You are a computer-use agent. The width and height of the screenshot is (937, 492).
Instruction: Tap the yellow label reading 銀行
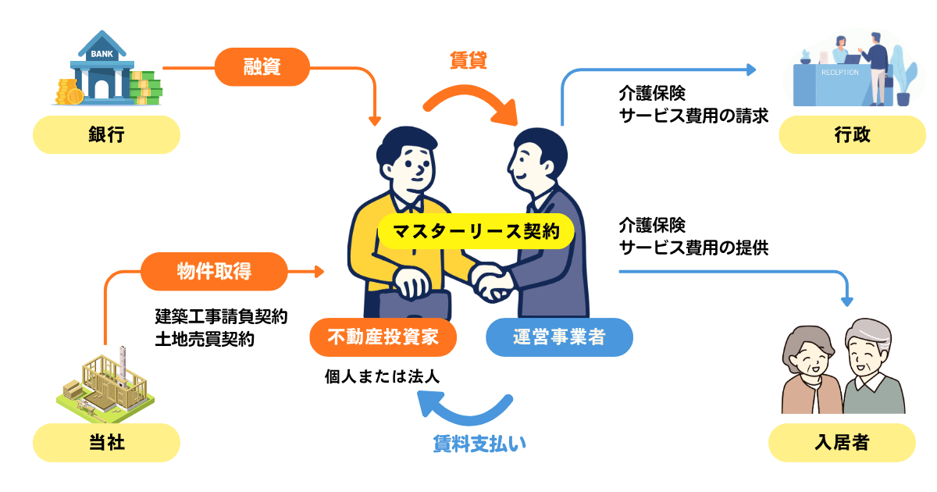point(106,135)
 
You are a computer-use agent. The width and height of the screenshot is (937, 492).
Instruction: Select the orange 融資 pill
point(262,68)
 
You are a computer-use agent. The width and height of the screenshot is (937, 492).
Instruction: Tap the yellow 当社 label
point(106,443)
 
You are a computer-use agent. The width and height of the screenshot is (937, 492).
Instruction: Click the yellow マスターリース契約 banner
point(476,231)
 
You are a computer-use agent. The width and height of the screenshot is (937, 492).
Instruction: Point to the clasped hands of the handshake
point(491,280)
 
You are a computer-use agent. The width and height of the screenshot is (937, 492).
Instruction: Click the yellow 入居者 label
point(842,443)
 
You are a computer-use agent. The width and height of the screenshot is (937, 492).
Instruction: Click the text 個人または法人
point(383,376)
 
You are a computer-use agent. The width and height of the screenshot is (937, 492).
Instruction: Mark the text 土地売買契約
point(205,340)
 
